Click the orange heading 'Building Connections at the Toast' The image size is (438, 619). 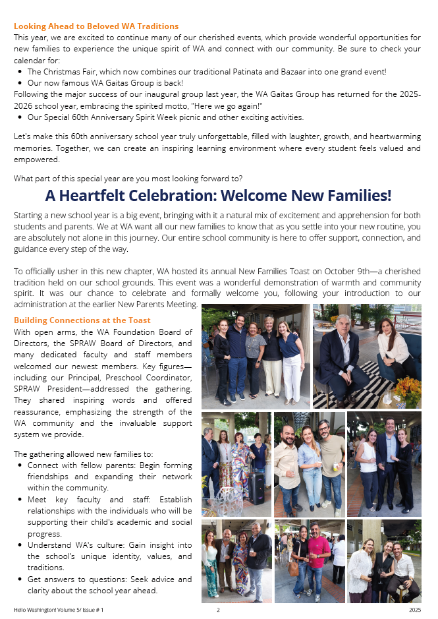(82, 320)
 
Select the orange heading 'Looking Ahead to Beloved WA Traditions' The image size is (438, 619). (96, 26)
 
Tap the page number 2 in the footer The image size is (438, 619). (218, 610)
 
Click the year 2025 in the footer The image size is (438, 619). (414, 610)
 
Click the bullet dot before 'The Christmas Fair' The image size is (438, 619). (20, 71)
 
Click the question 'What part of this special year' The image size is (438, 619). (128, 179)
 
